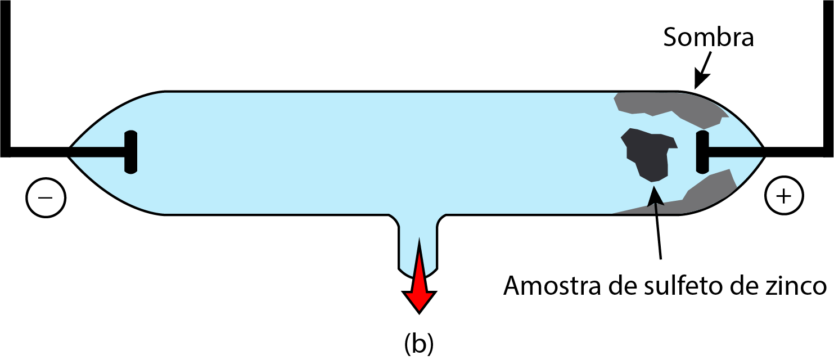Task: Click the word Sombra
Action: (x=709, y=37)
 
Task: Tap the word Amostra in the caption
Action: (x=552, y=286)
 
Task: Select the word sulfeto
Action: (x=683, y=285)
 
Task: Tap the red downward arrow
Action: (x=419, y=277)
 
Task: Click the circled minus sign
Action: (x=46, y=197)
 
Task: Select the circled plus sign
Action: (x=784, y=196)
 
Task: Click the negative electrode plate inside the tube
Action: (x=130, y=152)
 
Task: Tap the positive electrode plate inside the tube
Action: (x=702, y=152)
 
